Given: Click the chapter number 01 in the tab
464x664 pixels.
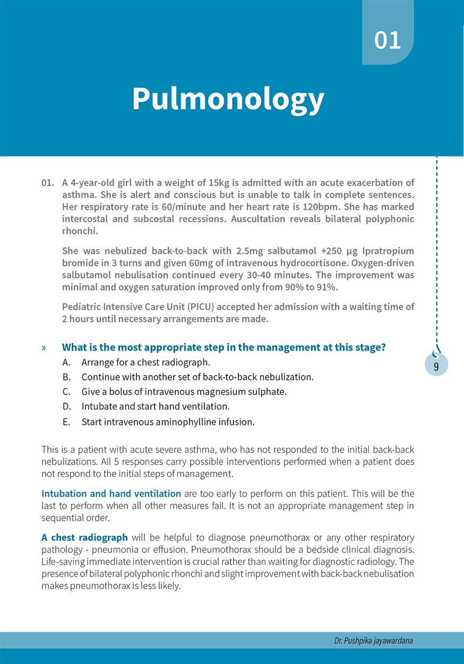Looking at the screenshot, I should [x=388, y=41].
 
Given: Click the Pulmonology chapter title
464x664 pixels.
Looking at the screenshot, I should [x=228, y=98].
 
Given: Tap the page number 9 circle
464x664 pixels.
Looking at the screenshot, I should [x=436, y=365].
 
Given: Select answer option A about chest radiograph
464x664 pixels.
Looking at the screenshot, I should [x=145, y=362].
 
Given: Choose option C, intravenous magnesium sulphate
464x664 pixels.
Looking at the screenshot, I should [x=184, y=392].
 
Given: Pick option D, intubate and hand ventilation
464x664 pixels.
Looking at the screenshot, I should [x=156, y=407].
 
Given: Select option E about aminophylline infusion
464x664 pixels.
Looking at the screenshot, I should [x=168, y=422].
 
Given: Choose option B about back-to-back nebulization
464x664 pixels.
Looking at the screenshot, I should [x=197, y=377].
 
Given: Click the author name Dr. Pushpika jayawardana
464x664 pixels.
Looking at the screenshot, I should [x=373, y=641].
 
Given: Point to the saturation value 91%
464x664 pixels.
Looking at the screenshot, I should [x=328, y=287].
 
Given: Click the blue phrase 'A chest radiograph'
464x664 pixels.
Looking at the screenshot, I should [x=84, y=538].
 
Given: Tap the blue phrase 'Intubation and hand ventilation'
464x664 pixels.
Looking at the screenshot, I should [x=111, y=493].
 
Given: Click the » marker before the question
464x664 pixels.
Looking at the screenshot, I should [x=44, y=348].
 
